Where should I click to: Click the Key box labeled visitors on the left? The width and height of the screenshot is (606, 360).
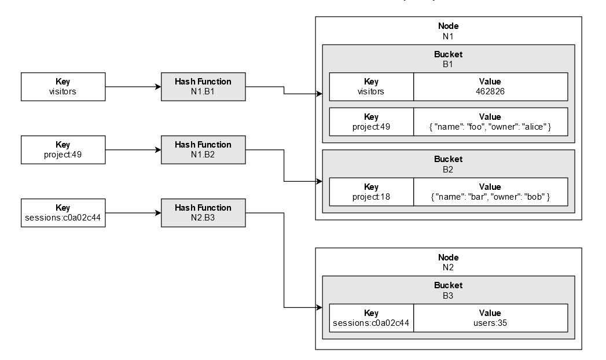[x=63, y=86]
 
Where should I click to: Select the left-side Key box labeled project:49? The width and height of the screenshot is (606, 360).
[x=63, y=149]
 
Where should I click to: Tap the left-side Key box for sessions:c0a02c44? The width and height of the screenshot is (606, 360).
[x=63, y=212]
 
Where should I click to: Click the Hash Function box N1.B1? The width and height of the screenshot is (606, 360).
[x=203, y=86]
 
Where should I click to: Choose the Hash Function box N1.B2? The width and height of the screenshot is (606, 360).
[x=203, y=149]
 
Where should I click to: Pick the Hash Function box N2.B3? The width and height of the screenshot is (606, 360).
[x=203, y=212]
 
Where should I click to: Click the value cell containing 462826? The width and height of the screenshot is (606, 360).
[x=490, y=86]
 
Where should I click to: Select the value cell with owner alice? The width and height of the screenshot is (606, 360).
[x=490, y=122]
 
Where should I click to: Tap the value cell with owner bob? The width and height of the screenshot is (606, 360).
[x=490, y=192]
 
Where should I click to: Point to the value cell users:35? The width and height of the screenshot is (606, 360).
[x=490, y=318]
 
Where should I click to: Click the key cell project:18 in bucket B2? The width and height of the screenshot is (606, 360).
[x=371, y=192]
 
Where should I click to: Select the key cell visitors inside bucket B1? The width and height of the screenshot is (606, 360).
[x=371, y=86]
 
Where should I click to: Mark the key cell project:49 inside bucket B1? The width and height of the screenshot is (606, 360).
[x=371, y=122]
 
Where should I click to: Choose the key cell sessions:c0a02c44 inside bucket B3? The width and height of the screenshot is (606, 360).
[x=371, y=318]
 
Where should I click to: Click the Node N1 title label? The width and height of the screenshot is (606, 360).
[x=448, y=31]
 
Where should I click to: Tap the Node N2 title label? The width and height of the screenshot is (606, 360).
[x=448, y=262]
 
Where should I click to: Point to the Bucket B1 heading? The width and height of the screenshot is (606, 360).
[x=448, y=59]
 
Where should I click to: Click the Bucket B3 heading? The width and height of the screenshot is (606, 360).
[x=448, y=290]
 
